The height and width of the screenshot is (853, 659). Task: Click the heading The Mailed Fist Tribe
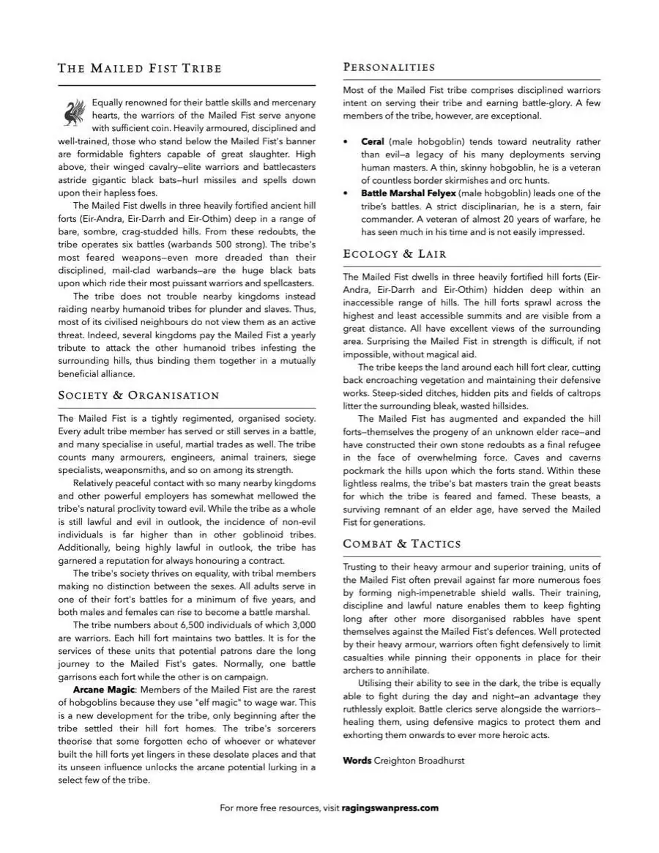point(139,69)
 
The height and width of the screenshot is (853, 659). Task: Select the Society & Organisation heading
point(138,395)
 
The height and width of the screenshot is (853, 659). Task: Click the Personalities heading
point(389,67)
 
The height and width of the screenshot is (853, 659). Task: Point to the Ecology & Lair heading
point(395,254)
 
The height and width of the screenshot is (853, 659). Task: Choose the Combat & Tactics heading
point(402,543)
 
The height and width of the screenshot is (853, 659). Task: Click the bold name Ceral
point(373,141)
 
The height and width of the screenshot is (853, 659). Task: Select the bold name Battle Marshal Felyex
point(408,193)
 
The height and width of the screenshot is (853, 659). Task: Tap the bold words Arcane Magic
point(104,690)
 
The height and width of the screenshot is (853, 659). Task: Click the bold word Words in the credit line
point(357,761)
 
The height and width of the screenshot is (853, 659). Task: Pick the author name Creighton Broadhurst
point(419,761)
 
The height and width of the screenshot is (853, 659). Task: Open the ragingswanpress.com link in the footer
point(390,808)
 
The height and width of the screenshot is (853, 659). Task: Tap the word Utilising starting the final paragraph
point(381,683)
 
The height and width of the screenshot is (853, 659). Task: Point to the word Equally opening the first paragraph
point(110,103)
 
